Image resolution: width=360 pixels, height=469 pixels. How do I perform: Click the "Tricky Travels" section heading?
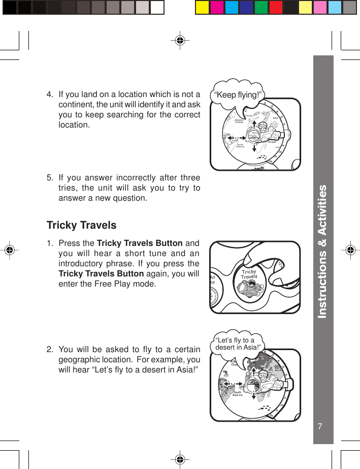point(81,225)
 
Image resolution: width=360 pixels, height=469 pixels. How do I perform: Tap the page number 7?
point(320,426)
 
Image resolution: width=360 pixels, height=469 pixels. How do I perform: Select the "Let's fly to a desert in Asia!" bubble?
point(238,344)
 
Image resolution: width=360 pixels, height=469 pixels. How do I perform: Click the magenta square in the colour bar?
point(217,8)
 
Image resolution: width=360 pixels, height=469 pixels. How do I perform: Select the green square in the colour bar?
point(261,8)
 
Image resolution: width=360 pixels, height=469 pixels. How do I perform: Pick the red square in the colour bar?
point(276,8)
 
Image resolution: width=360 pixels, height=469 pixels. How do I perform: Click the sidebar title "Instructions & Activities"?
point(322,252)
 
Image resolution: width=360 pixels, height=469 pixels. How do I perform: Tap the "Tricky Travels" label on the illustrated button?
point(249,274)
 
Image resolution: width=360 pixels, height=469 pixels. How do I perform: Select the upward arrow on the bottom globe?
point(252,367)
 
